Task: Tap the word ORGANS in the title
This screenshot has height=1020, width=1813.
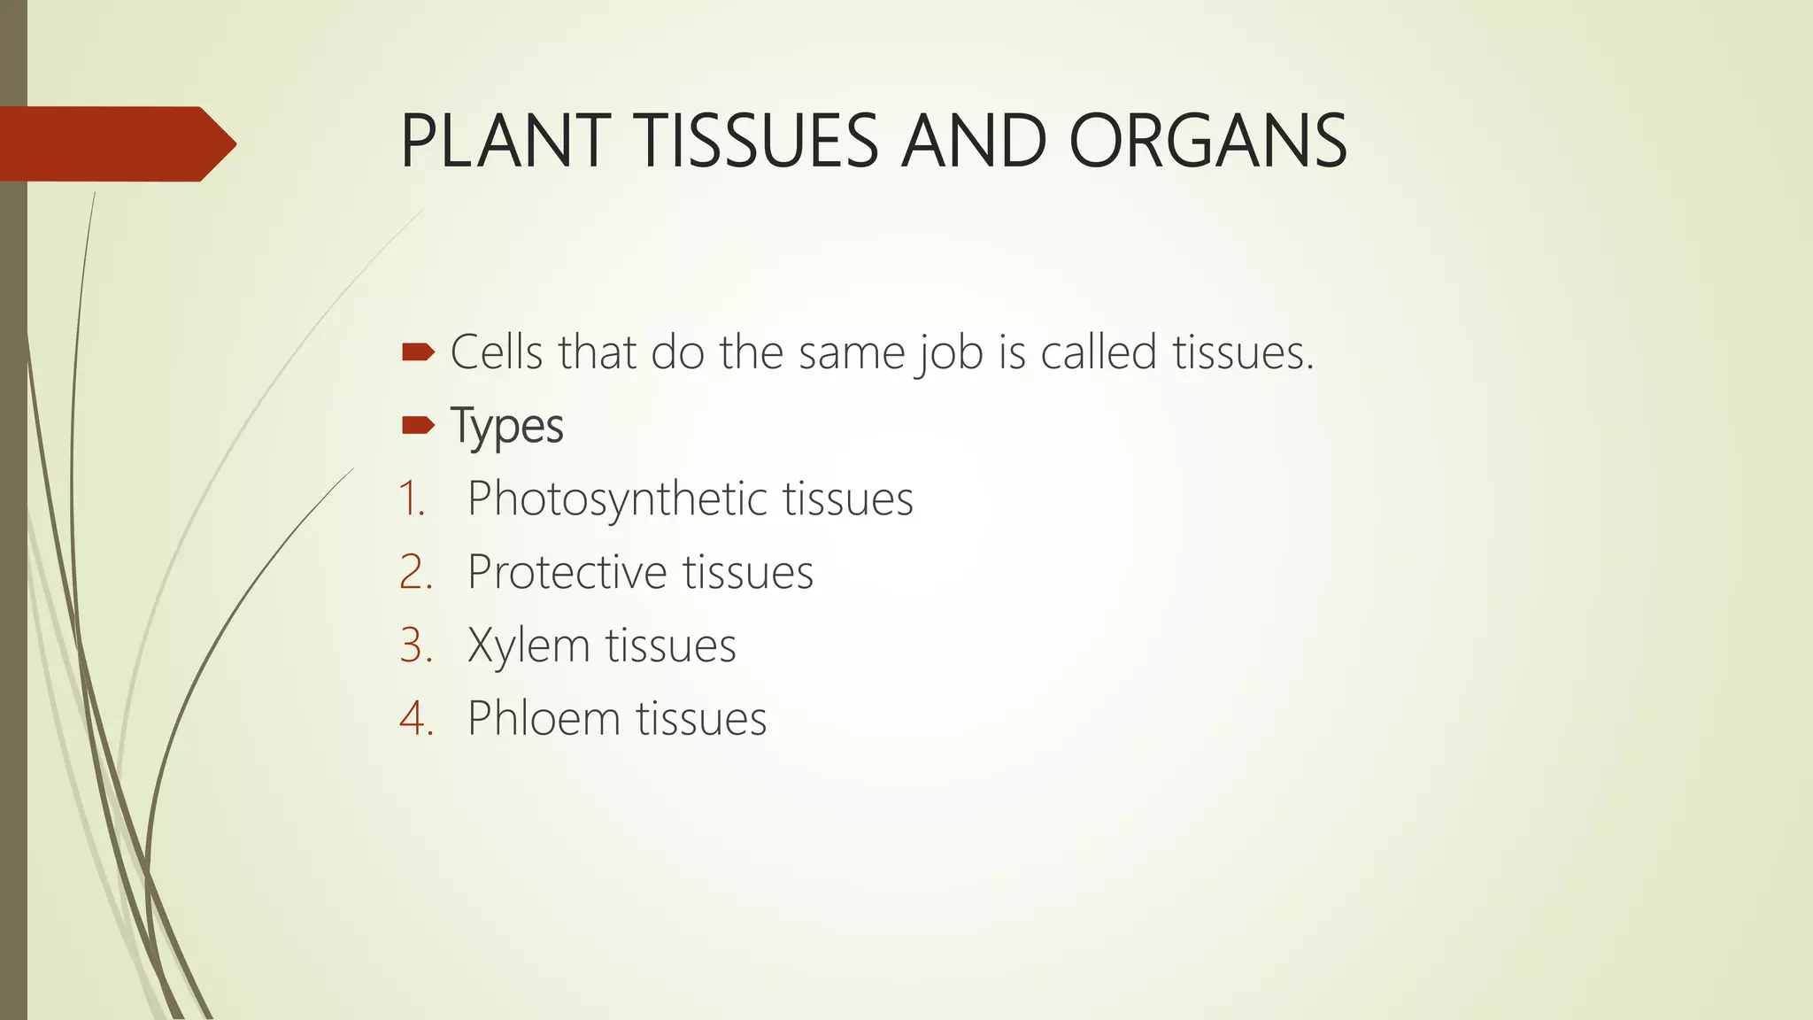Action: click(x=1208, y=142)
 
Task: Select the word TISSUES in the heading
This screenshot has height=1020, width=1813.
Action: click(x=757, y=142)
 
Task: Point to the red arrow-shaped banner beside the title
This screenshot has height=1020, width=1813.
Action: click(x=115, y=143)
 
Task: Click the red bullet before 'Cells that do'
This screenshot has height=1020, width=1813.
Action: click(x=418, y=353)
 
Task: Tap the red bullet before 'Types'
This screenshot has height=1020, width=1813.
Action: click(x=418, y=427)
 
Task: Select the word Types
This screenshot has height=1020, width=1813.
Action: click(x=506, y=427)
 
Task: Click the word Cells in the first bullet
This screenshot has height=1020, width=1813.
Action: click(x=496, y=352)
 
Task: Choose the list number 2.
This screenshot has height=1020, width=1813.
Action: click(x=415, y=572)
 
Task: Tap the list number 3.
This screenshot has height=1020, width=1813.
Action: click(x=415, y=645)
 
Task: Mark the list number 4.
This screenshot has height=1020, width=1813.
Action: click(x=415, y=718)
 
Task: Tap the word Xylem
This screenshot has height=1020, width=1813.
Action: click(x=528, y=645)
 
